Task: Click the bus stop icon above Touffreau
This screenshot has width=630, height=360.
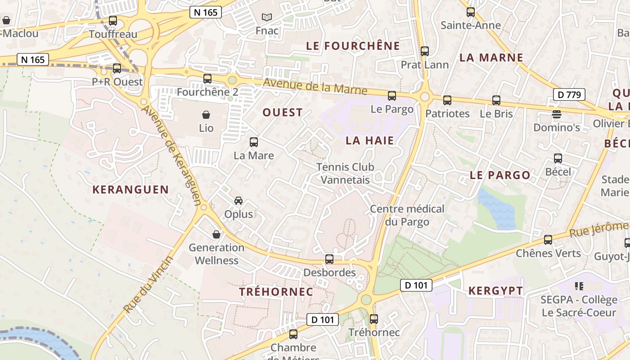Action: pyautogui.click(x=113, y=21)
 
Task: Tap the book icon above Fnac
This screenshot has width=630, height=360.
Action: pyautogui.click(x=267, y=18)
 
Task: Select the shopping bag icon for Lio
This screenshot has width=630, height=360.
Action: pyautogui.click(x=206, y=115)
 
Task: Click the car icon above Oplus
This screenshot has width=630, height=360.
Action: pyautogui.click(x=238, y=201)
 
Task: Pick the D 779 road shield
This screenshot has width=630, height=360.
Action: pyautogui.click(x=569, y=94)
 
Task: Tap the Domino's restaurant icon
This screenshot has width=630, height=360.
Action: pyautogui.click(x=557, y=114)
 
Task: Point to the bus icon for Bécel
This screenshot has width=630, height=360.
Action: pyautogui.click(x=558, y=158)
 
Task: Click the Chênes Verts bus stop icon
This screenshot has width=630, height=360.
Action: pyautogui.click(x=548, y=240)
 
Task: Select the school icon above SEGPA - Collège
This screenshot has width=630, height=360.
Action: pyautogui.click(x=579, y=286)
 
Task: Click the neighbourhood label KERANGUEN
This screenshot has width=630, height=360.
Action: pyautogui.click(x=130, y=189)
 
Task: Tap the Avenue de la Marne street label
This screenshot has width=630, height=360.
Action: pyautogui.click(x=315, y=86)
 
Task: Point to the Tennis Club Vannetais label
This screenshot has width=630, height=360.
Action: pyautogui.click(x=345, y=173)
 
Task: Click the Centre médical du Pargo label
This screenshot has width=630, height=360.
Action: pyautogui.click(x=407, y=215)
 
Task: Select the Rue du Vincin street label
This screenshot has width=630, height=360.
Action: pyautogui.click(x=148, y=285)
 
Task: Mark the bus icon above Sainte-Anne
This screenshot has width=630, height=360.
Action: pyautogui.click(x=471, y=12)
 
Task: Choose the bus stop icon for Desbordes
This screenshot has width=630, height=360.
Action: pyautogui.click(x=329, y=259)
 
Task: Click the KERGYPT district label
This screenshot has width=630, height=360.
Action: pyautogui.click(x=496, y=291)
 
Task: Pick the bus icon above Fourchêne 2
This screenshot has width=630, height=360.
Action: pyautogui.click(x=207, y=79)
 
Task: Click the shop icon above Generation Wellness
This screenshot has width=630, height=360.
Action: pyautogui.click(x=216, y=234)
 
